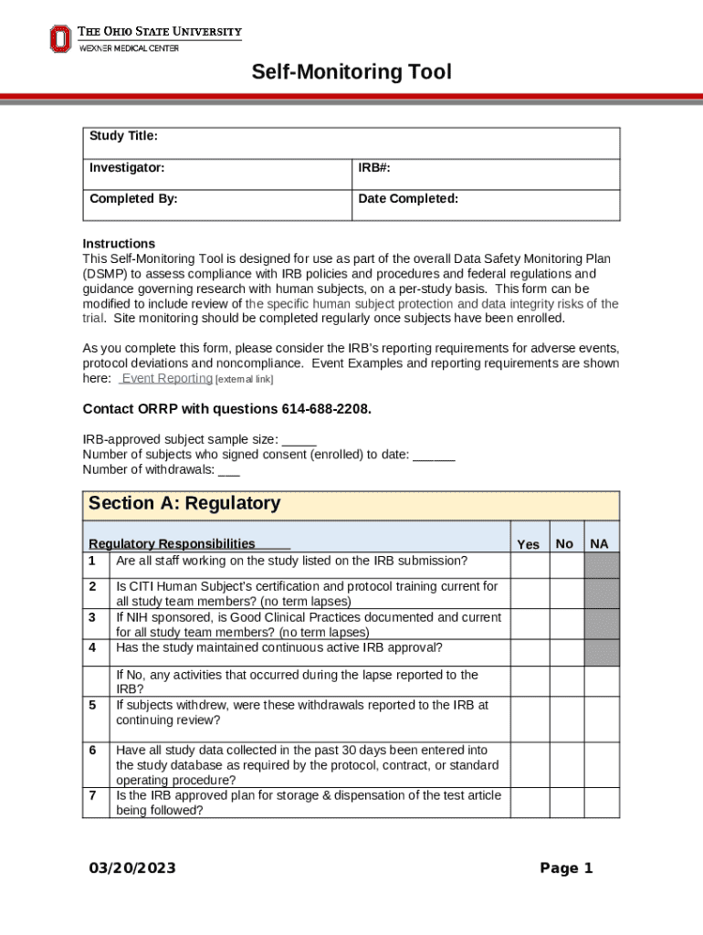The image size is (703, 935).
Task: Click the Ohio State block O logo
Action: (59, 38)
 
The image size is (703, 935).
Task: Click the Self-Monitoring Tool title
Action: (351, 71)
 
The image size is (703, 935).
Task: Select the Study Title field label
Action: (123, 136)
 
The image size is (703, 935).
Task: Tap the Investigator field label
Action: (127, 168)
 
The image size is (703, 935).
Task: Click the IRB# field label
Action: (374, 168)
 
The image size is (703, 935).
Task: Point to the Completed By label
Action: (133, 198)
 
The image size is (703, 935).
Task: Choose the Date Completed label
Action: (408, 198)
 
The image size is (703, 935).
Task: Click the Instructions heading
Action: (119, 244)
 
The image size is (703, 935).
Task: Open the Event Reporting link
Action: (166, 378)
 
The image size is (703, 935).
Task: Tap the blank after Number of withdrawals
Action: (229, 470)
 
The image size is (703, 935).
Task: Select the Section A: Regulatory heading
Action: (184, 503)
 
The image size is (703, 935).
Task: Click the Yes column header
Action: (528, 544)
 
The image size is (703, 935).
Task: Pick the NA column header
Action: (600, 544)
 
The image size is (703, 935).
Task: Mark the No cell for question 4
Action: (565, 652)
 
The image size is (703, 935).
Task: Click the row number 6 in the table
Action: (92, 750)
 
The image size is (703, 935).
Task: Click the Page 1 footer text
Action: (566, 867)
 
